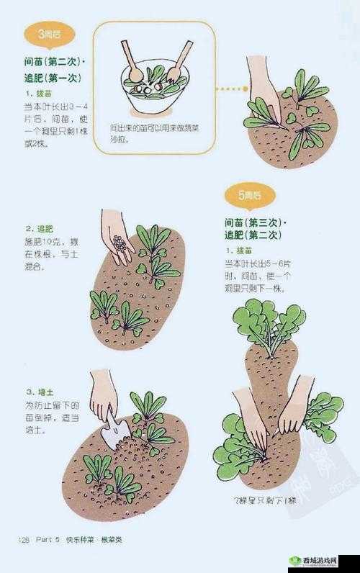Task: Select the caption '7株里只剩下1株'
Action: click(x=264, y=500)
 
